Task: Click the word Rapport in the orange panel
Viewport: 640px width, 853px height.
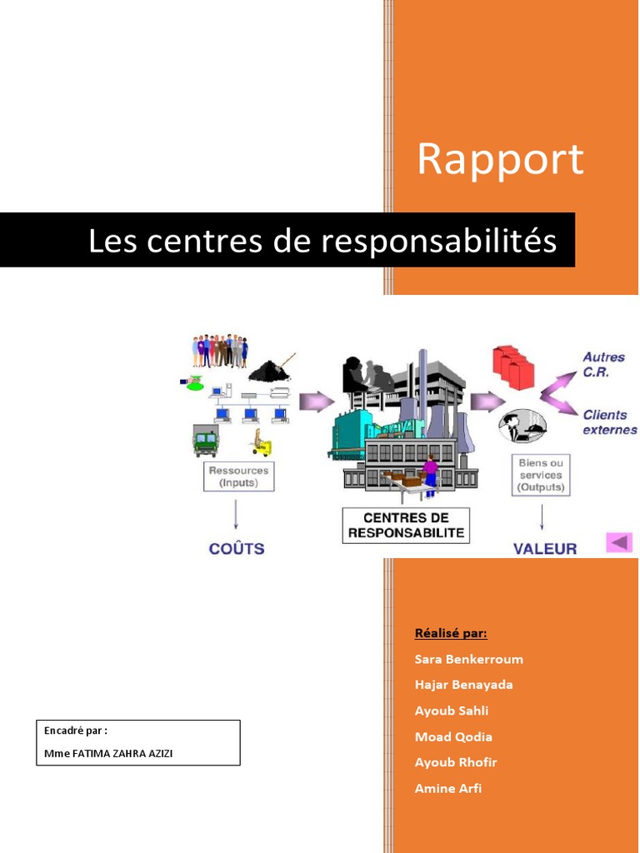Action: click(500, 159)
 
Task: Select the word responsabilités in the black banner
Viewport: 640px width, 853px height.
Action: click(438, 241)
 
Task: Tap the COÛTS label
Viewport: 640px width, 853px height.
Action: click(236, 549)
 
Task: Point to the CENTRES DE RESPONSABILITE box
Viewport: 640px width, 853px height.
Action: click(406, 526)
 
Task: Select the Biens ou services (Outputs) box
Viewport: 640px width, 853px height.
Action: click(541, 475)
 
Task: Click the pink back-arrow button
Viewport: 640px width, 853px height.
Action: click(619, 542)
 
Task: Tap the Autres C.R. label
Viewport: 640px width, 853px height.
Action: click(604, 365)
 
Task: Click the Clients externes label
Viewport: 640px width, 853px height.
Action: click(609, 422)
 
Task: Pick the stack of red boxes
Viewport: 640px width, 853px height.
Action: click(512, 367)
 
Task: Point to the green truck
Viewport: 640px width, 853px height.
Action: click(205, 440)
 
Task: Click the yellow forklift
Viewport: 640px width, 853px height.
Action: click(262, 443)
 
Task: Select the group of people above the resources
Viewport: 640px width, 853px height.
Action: click(220, 352)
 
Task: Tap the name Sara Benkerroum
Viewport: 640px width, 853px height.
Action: click(469, 659)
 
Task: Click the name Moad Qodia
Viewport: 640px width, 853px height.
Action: click(453, 736)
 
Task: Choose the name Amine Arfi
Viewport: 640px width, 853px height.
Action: click(448, 788)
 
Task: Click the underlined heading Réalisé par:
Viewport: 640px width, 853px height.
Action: click(451, 633)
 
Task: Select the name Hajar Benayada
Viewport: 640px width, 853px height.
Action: click(464, 685)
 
